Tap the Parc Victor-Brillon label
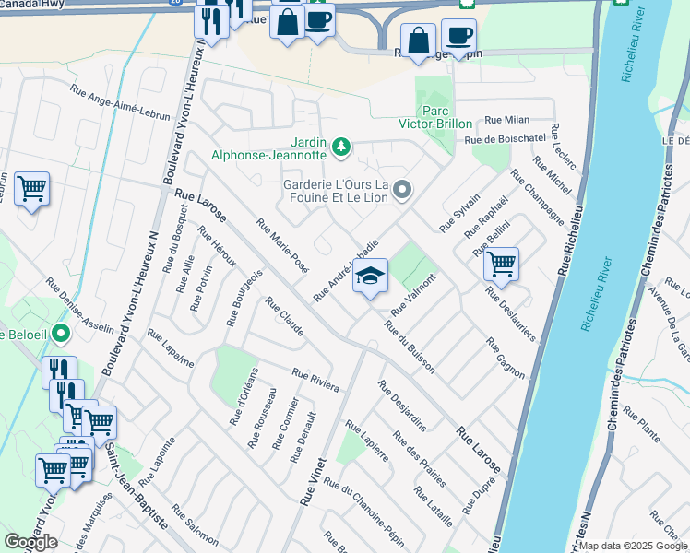[435, 124]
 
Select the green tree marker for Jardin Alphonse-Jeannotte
[341, 146]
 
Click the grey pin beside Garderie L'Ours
[401, 191]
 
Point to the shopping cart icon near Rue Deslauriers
[501, 264]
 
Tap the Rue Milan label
[506, 120]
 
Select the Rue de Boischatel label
[506, 139]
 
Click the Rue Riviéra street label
[315, 380]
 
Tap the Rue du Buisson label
[410, 347]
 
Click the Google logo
[30, 542]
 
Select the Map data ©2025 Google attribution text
[634, 546]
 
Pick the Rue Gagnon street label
[506, 359]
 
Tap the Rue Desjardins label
[402, 406]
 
